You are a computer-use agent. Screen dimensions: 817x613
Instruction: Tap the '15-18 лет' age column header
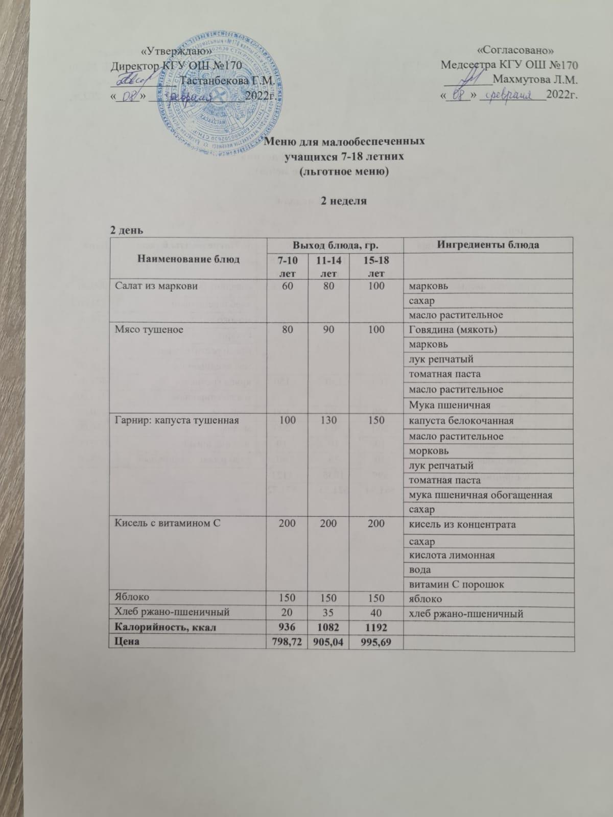pos(376,266)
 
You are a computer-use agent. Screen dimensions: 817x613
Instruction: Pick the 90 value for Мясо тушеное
pos(329,330)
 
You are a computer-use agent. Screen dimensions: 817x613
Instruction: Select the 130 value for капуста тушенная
pos(329,421)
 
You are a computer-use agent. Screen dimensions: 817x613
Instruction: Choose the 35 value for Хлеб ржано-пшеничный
pos(329,611)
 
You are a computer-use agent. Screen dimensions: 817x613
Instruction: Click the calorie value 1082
pos(328,626)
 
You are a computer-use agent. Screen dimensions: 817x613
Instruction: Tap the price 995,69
pos(376,641)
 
